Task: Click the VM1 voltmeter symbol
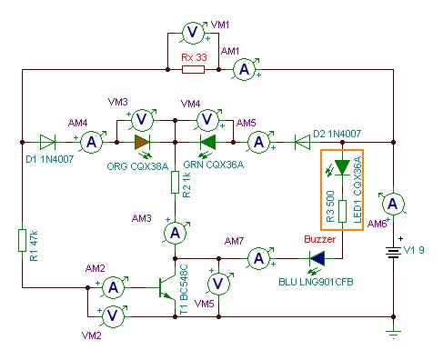point(193,33)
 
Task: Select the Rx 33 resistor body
point(193,70)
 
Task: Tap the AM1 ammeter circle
point(245,70)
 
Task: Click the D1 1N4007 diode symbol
point(47,142)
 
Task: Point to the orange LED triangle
point(143,142)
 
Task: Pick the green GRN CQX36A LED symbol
point(208,142)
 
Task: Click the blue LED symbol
point(317,258)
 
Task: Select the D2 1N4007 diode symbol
point(302,142)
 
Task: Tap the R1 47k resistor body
point(22,240)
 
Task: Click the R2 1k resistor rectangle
point(175,182)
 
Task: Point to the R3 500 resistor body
point(342,211)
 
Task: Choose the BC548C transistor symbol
point(167,287)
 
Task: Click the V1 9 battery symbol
point(393,252)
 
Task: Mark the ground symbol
point(393,333)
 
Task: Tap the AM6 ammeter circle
point(393,204)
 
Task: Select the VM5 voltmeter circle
point(218,284)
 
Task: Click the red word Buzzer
point(319,239)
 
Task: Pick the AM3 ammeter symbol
point(176,233)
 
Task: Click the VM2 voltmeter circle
point(113,316)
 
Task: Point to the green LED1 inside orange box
point(342,167)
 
